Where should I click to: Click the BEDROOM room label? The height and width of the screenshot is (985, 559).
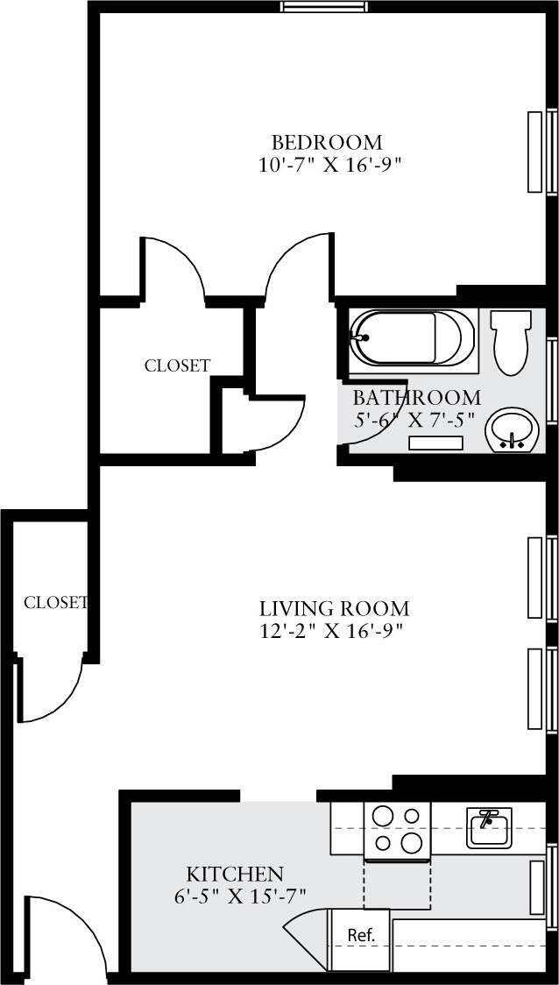point(327,142)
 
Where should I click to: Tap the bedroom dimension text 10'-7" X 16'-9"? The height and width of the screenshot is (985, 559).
point(330,165)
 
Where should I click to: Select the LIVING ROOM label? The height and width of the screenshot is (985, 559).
point(334,608)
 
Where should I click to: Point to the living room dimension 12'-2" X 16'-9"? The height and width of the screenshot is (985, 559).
point(330,631)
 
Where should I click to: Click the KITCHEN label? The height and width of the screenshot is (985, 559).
point(235,874)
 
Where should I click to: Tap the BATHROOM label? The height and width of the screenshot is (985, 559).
point(416,397)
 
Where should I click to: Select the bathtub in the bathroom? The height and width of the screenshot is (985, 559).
point(412,337)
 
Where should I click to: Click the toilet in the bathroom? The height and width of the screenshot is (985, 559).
point(511,341)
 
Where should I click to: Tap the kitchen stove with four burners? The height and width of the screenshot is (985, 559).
point(397,830)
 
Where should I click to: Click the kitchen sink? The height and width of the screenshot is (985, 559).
point(488,827)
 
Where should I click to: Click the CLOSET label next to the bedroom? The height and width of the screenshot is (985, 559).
point(177,366)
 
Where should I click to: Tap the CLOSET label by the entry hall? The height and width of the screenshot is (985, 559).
point(55,603)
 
